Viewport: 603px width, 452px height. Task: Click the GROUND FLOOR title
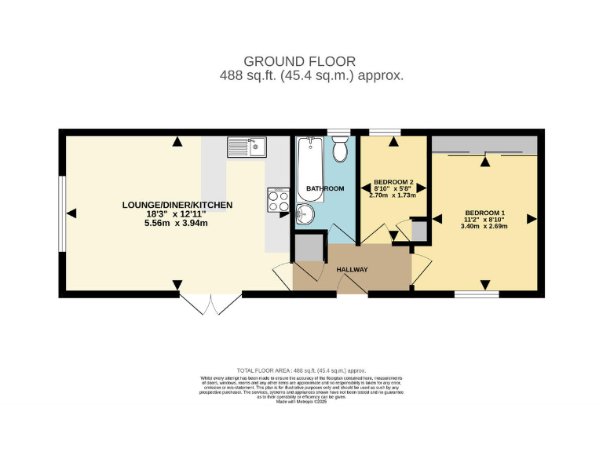[299, 61]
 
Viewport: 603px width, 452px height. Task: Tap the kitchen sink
[247, 146]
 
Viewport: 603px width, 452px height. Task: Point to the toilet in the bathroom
[340, 148]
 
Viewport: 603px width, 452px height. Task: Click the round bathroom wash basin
[306, 214]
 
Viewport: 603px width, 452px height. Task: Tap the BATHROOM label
[325, 189]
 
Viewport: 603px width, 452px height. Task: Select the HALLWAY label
[352, 270]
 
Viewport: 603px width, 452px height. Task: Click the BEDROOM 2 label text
[393, 181]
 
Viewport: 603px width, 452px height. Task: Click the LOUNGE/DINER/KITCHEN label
[177, 205]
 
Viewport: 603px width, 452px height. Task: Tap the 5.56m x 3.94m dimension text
[177, 224]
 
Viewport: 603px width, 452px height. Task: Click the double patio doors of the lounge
[210, 304]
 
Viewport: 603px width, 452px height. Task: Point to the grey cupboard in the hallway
[309, 248]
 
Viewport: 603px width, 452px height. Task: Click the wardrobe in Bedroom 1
[484, 144]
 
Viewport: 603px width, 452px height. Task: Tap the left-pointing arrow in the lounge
[71, 213]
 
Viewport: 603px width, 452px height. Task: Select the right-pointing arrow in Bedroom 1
[532, 218]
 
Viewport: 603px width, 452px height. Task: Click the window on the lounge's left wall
[61, 213]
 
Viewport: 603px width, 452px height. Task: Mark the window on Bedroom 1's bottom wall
[477, 294]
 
